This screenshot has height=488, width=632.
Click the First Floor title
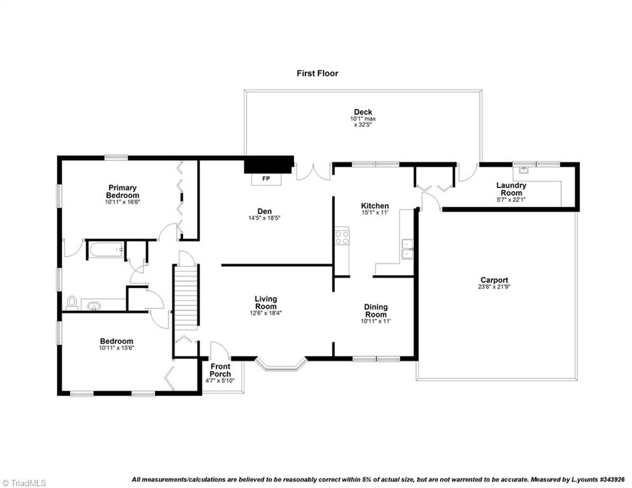[318, 73]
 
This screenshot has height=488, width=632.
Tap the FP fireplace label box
[266, 179]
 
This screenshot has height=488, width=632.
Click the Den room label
[266, 213]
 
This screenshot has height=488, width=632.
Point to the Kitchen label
[375, 209]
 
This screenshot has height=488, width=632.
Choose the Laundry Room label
[511, 189]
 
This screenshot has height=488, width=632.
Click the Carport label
[494, 283]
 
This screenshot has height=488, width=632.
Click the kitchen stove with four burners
[342, 238]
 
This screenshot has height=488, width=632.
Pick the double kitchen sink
[407, 250]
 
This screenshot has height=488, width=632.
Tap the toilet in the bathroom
[72, 302]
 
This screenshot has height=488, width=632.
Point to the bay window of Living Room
[281, 365]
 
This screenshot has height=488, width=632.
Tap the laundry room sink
[525, 170]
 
